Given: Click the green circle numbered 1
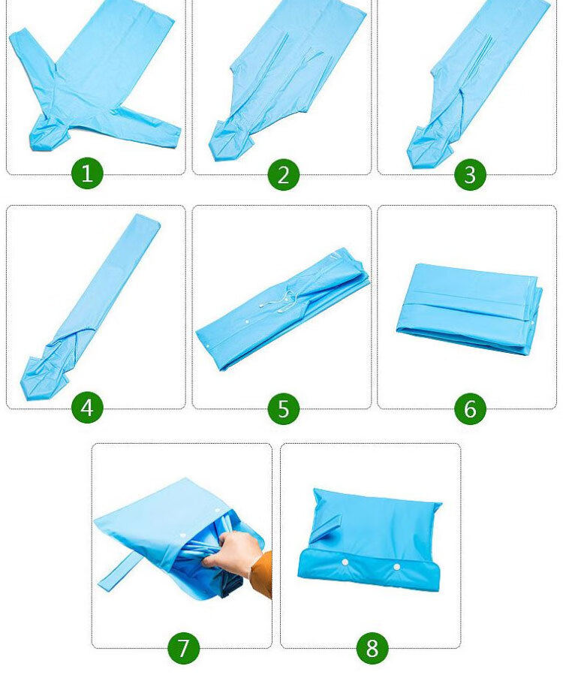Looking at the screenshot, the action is click(87, 173).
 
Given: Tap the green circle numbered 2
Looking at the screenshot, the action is click(284, 174).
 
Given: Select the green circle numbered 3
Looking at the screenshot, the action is click(470, 174).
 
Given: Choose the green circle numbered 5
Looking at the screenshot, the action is click(284, 408).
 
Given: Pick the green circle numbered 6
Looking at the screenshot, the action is click(470, 408).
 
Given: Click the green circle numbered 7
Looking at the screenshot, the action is click(184, 647).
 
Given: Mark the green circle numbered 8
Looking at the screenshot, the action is click(372, 647).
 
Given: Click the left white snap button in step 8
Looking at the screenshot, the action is click(345, 562).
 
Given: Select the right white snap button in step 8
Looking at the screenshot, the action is click(396, 567).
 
